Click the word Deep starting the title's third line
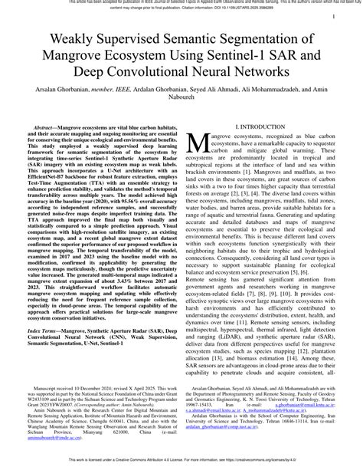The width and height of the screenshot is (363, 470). click(x=91, y=70)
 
